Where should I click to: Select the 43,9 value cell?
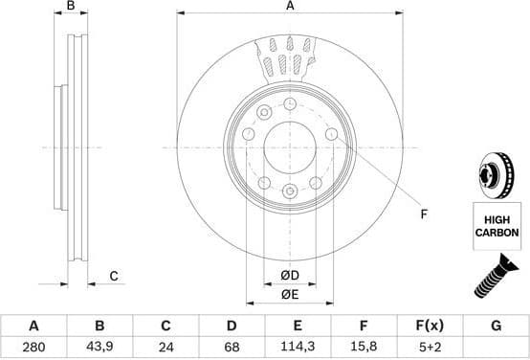coord(99,349)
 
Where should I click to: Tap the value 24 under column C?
coord(166,349)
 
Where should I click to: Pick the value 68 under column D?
coord(232,349)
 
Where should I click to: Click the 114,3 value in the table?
coord(298,349)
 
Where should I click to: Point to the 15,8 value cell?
coord(364,349)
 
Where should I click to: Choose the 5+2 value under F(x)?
coord(430,349)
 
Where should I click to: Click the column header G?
coord(496,326)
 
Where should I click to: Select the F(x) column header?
coord(430,326)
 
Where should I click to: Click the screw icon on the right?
coord(496,281)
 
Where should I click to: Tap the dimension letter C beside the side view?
coord(113,277)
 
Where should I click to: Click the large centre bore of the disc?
coord(289,149)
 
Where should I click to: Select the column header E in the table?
coord(298,326)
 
